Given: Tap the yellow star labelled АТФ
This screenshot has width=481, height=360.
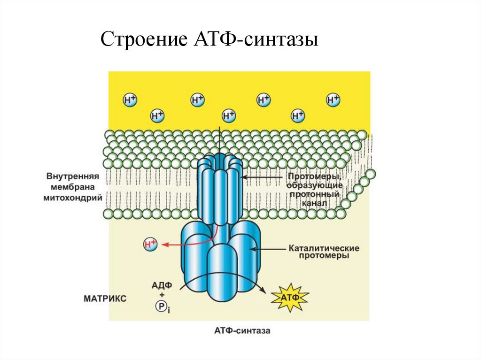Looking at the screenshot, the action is click(x=290, y=298).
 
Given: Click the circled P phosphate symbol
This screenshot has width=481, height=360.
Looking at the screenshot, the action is click(x=161, y=306).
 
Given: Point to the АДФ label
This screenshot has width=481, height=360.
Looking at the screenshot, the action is click(x=162, y=284).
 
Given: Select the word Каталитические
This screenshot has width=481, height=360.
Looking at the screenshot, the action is click(x=324, y=247).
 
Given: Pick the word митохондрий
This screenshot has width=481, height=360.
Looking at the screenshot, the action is click(x=74, y=198).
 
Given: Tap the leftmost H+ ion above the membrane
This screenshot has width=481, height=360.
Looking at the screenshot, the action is click(x=130, y=100).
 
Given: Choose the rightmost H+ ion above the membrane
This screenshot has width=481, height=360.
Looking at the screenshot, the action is click(x=333, y=100).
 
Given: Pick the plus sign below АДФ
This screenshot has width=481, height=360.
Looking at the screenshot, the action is click(x=162, y=294).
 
